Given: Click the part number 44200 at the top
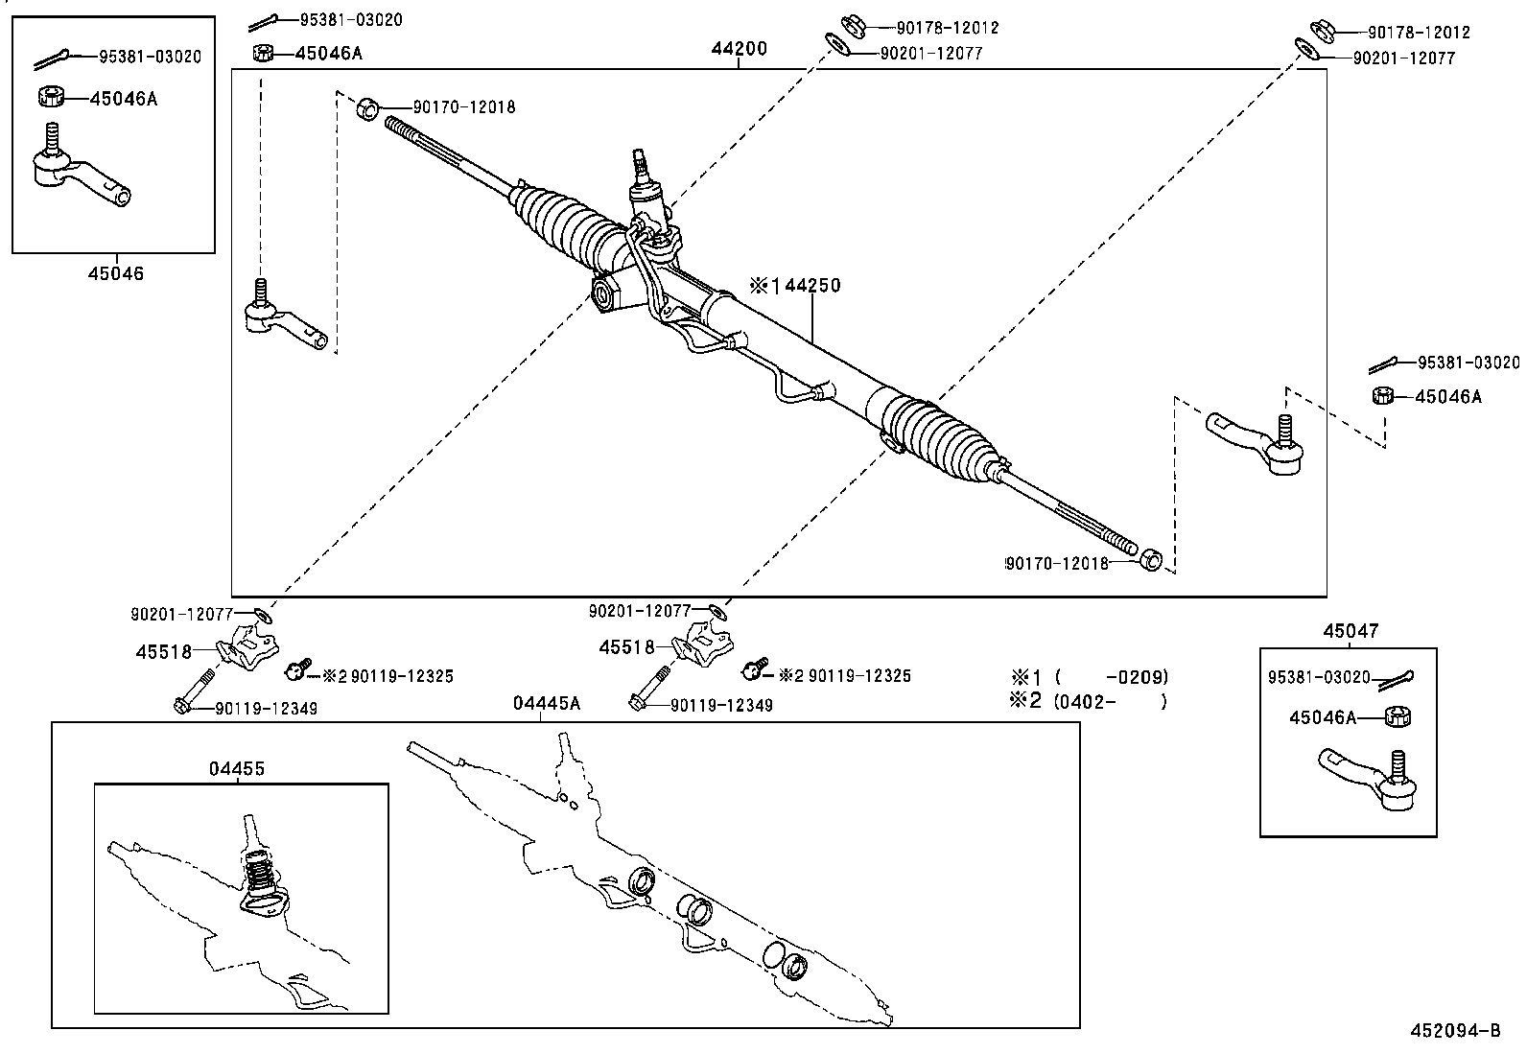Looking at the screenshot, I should pyautogui.click(x=739, y=49).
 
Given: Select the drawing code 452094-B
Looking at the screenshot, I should pyautogui.click(x=1454, y=1032).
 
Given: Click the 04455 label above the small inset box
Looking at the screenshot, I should pyautogui.click(x=237, y=769).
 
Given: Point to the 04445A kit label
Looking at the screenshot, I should pyautogui.click(x=546, y=704).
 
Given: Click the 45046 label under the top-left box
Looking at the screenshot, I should pyautogui.click(x=116, y=273).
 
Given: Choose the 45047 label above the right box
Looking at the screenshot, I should pyautogui.click(x=1351, y=631).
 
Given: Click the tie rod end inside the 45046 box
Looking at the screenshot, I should pyautogui.click(x=82, y=176).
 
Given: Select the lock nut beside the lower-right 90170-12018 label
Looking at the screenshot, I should pyautogui.click(x=1151, y=558).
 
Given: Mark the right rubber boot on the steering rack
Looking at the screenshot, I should pyautogui.click(x=945, y=432).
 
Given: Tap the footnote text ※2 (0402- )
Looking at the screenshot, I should pyautogui.click(x=1089, y=701).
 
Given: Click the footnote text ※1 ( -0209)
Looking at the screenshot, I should pyautogui.click(x=1089, y=676).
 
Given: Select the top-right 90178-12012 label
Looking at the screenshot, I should pyautogui.click(x=1418, y=33).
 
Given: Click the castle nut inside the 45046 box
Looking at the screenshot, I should pyautogui.click(x=50, y=97).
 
